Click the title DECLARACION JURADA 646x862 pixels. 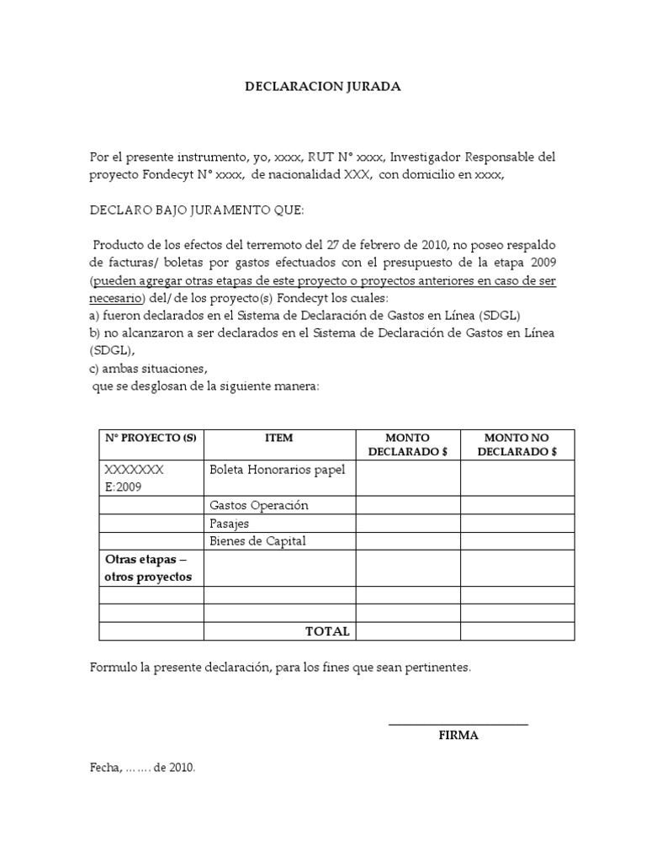point(323,86)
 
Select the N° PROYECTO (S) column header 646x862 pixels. point(151,439)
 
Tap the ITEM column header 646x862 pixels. point(278,439)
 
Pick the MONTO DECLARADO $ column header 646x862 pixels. point(407,444)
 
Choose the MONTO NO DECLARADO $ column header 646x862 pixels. point(516,444)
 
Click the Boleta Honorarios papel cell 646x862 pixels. point(278,470)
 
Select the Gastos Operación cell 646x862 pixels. point(259,505)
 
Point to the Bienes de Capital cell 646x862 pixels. point(257,540)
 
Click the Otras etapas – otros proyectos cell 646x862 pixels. point(149,568)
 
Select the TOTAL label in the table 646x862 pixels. point(327,631)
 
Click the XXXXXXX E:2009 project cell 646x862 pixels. point(135,478)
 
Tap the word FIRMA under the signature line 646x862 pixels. point(458,735)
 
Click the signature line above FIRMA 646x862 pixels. point(458,724)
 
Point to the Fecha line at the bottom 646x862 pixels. point(142,768)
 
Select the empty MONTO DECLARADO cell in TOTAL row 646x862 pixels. point(407,631)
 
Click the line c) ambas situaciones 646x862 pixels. point(147,369)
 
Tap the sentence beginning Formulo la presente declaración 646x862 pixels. point(280,668)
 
